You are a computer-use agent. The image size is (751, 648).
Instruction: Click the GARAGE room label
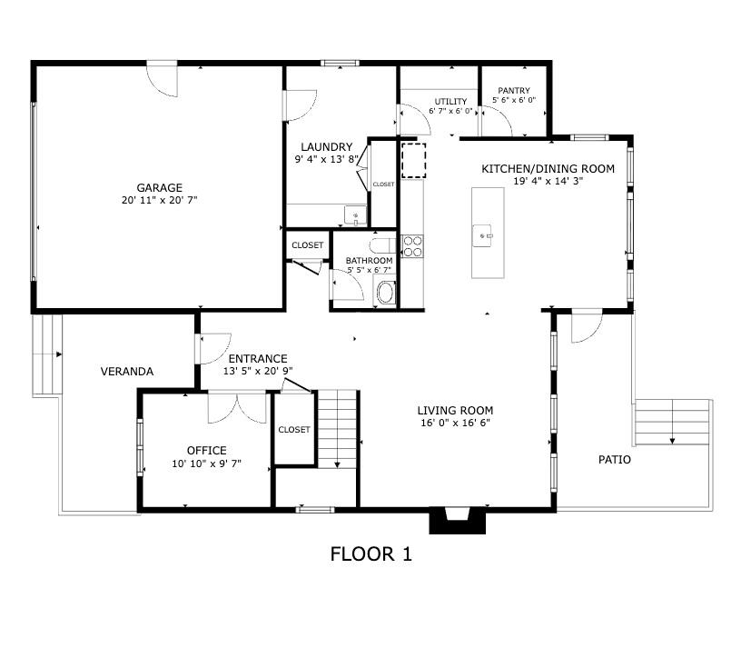coord(160,187)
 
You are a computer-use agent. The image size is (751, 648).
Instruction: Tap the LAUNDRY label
coord(327,147)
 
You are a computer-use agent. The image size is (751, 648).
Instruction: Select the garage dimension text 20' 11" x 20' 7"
coord(160,200)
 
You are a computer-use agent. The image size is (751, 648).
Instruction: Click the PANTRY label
coord(514,91)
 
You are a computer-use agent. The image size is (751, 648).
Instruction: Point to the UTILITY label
coord(450,102)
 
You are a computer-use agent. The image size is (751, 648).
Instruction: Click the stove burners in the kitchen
coord(412,246)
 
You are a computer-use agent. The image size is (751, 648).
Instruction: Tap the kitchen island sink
coord(482,235)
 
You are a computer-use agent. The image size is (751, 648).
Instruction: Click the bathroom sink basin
coord(386,293)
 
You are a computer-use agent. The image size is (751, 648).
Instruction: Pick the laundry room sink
coord(355,215)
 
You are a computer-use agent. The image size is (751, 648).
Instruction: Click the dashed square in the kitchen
coord(414,161)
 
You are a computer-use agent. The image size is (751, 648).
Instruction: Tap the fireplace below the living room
coord(458,520)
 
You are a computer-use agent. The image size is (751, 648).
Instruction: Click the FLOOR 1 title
coord(371,554)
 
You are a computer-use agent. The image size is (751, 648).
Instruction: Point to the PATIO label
coord(615,460)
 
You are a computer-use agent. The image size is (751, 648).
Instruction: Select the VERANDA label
coord(127,372)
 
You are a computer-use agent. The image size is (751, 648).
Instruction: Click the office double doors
coord(237,407)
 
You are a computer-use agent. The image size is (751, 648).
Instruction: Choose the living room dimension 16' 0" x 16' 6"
coord(455,423)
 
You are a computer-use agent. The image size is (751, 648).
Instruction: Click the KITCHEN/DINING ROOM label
coord(548,169)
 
